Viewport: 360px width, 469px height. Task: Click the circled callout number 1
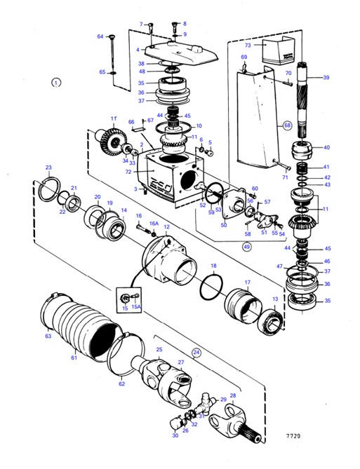(x=57, y=82)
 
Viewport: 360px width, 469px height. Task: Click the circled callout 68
(x=286, y=126)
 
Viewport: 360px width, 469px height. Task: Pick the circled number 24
(x=196, y=353)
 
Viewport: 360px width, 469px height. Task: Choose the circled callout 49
(x=246, y=247)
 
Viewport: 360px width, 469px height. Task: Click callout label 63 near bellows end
(x=48, y=336)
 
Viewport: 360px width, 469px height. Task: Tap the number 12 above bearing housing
(x=166, y=227)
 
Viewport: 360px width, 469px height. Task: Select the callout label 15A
(x=137, y=306)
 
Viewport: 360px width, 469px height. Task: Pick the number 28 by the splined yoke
(x=233, y=395)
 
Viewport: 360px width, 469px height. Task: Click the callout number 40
(x=326, y=147)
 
